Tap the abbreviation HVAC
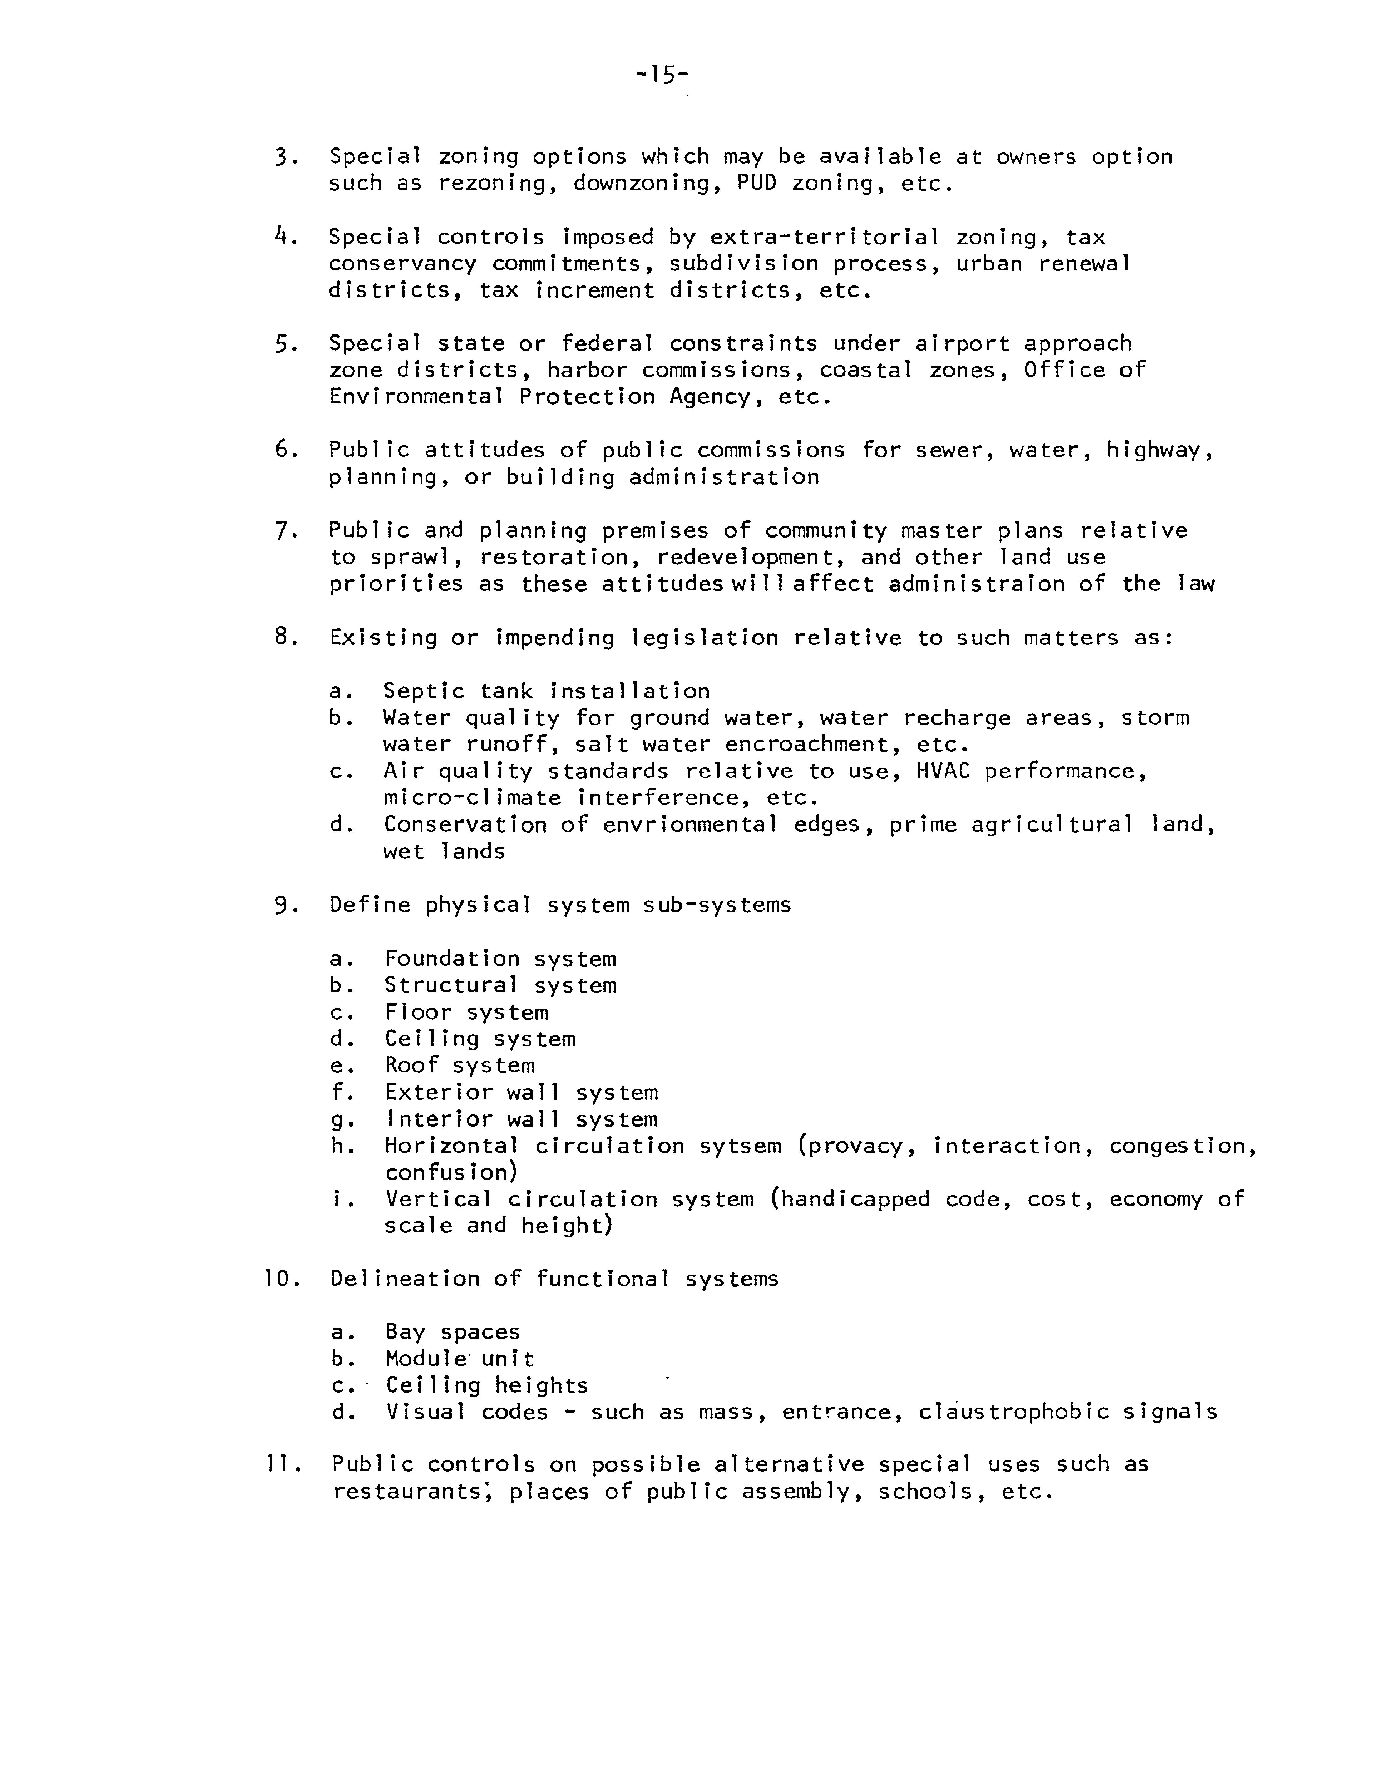[x=942, y=771]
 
